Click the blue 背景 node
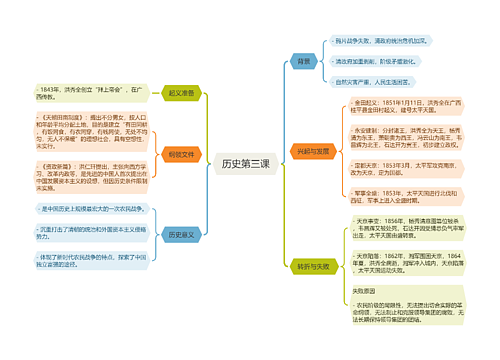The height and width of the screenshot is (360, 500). pos(303,61)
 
